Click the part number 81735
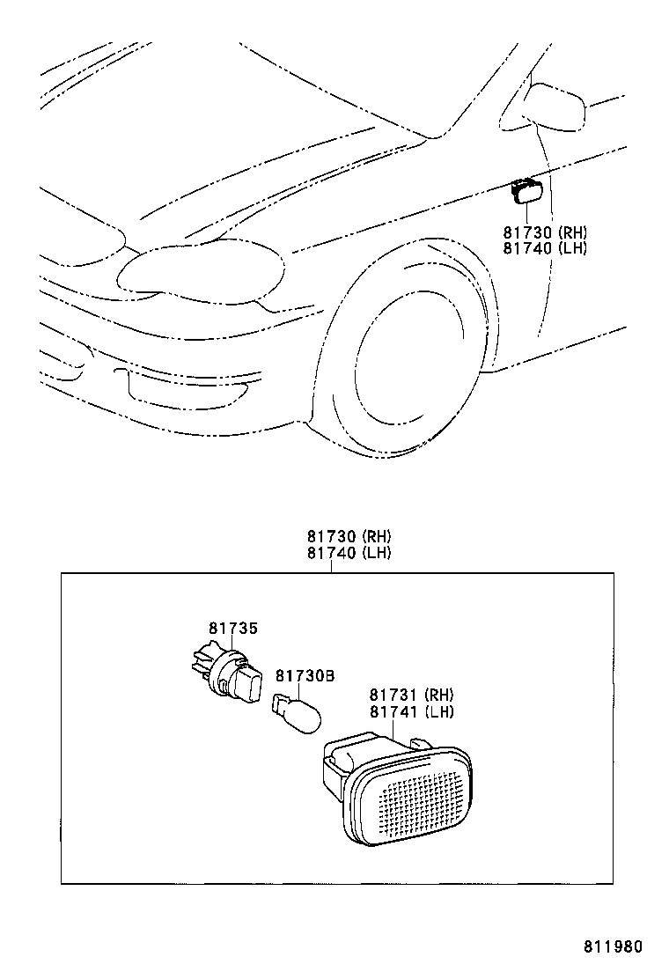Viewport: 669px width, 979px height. point(233,628)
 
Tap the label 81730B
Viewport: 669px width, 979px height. point(305,676)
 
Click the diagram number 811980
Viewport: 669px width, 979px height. point(614,947)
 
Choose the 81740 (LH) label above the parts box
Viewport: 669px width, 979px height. point(349,554)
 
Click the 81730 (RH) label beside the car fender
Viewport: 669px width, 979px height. point(545,232)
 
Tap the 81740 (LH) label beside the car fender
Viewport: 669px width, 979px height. point(545,248)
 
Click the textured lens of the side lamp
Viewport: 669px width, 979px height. point(422,791)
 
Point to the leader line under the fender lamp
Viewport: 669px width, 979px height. point(526,212)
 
